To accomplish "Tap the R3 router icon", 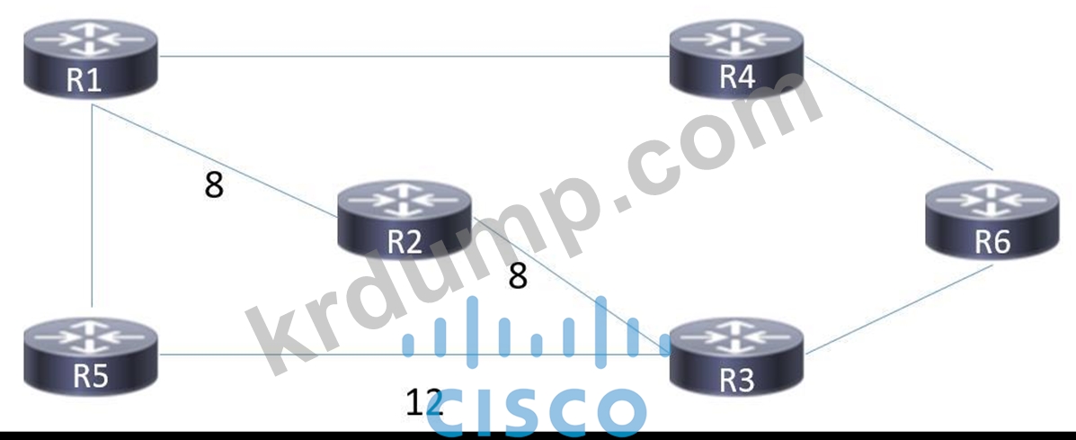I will (x=737, y=356).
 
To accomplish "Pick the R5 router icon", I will (x=91, y=356).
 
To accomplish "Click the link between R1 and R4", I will (x=414, y=58).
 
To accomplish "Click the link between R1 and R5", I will (x=91, y=207).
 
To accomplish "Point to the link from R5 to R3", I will (x=279, y=354).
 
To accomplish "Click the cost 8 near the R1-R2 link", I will (x=213, y=186).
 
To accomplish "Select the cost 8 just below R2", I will (x=517, y=276).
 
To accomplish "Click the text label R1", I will (x=84, y=80).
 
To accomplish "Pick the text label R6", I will (x=992, y=243).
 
